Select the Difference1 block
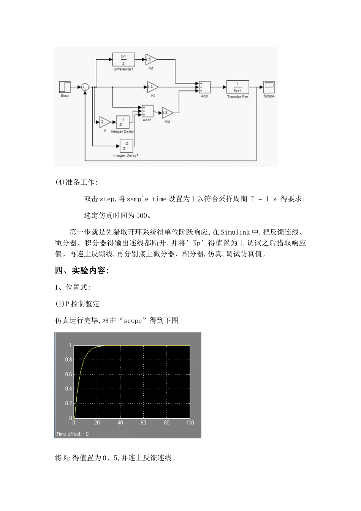coord(123,60)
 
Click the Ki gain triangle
coord(152,87)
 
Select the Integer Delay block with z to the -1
coord(122,122)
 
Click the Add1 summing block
coord(147,111)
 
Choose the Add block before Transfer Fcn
coord(204,87)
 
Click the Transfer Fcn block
coord(237,87)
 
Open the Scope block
coord(269,87)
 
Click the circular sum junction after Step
coord(85,87)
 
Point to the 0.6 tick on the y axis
coord(68,374)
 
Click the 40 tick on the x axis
coord(120,422)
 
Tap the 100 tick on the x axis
coord(190,422)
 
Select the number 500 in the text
coord(141,216)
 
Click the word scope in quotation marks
coord(133,321)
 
